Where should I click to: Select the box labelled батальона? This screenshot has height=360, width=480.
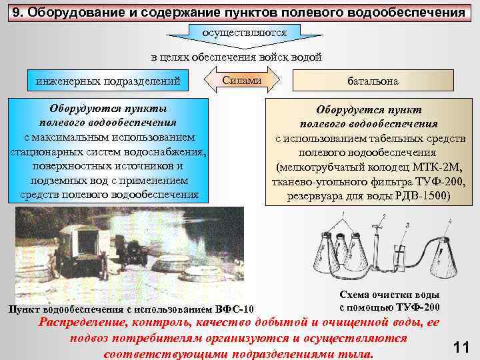(x=372, y=81)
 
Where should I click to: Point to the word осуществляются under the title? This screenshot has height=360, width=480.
(x=245, y=31)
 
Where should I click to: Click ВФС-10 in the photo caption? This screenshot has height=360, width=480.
(x=235, y=309)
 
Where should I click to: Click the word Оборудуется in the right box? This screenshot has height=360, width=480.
(x=349, y=109)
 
